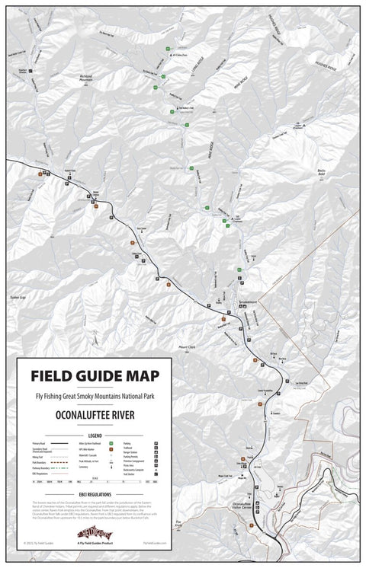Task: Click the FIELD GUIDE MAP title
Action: (95, 375)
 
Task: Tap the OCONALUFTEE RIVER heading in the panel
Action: (95, 416)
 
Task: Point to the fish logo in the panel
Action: (95, 532)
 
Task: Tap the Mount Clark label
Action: (187, 347)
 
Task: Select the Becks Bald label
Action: (326, 174)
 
